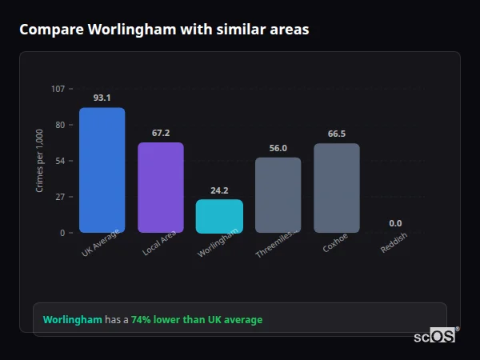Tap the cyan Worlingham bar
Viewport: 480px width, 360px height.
(x=219, y=216)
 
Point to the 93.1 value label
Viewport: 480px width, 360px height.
(x=102, y=98)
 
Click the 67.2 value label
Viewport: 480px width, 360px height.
(x=161, y=133)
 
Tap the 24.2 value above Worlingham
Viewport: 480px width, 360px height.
(x=219, y=190)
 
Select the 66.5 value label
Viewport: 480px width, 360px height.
(x=337, y=134)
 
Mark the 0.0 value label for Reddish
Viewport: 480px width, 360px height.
(x=395, y=223)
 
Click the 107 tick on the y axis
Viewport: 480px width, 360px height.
(x=58, y=88)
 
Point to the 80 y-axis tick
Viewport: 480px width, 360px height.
(x=59, y=125)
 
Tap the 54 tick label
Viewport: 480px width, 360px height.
(x=59, y=161)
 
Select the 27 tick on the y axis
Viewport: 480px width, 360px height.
(x=59, y=197)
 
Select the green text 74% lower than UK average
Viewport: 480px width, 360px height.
(x=197, y=320)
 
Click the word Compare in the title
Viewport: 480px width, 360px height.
(x=50, y=30)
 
